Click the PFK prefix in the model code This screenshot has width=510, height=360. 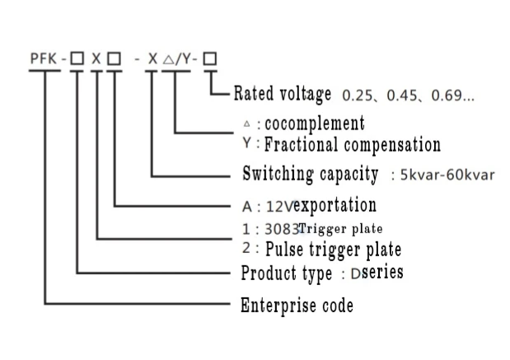[x=43, y=60]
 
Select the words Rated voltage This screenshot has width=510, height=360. [x=283, y=94]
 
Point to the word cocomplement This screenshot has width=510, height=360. [x=315, y=124]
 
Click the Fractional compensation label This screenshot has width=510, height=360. [x=353, y=145]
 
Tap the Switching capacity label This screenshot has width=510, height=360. [x=311, y=175]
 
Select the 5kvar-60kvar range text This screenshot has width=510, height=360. [x=446, y=176]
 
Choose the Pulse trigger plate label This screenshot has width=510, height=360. [x=334, y=248]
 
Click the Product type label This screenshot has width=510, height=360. [x=286, y=273]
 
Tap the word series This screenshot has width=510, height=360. [x=383, y=272]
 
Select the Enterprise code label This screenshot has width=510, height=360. [x=297, y=306]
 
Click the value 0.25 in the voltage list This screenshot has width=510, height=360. [x=358, y=95]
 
